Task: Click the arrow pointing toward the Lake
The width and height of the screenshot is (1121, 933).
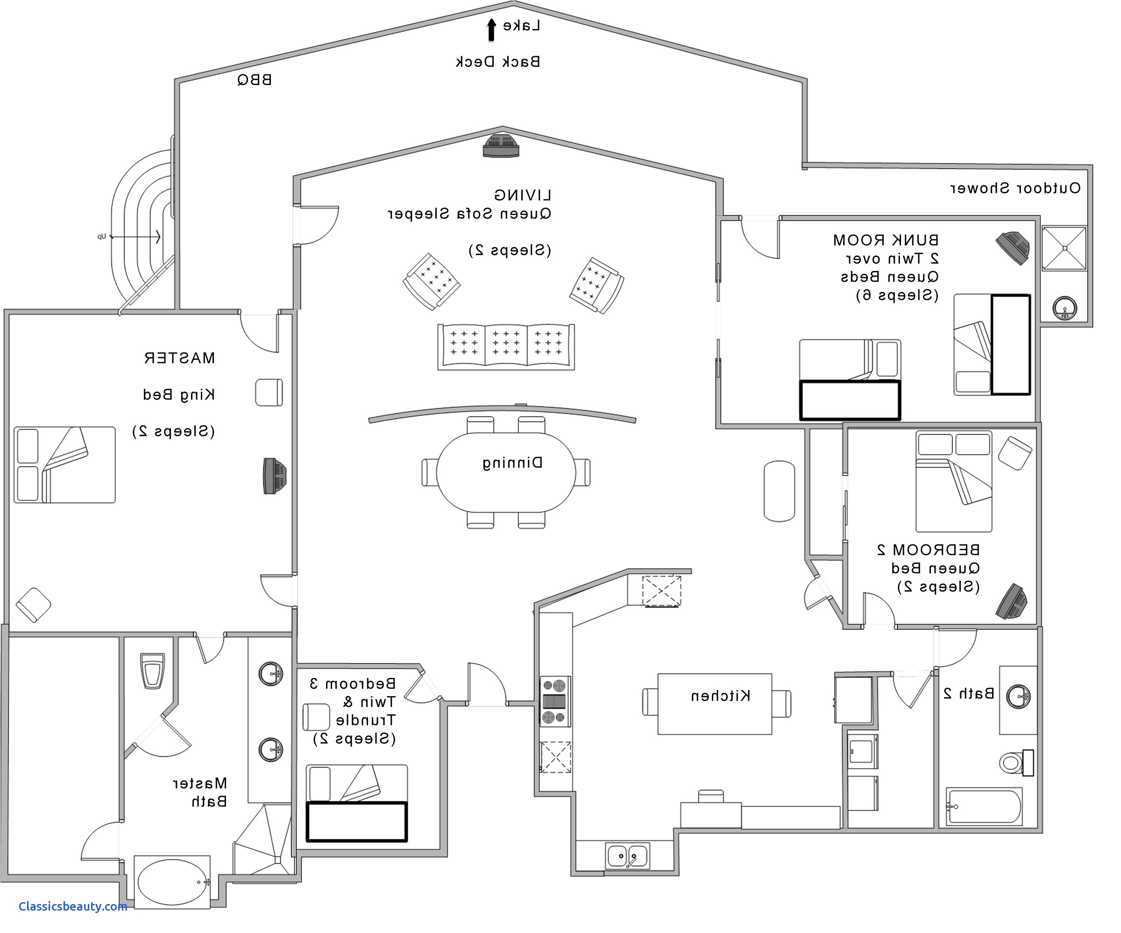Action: (x=491, y=30)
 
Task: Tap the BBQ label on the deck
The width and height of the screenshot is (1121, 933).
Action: (x=255, y=80)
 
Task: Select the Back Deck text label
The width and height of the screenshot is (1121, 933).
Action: (x=497, y=62)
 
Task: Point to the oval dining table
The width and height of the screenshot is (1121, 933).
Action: (x=506, y=472)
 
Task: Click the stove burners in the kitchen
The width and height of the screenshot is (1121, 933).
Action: (x=554, y=701)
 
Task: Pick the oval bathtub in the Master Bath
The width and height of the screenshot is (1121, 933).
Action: (x=172, y=881)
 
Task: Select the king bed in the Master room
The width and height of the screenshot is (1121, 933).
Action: (x=64, y=464)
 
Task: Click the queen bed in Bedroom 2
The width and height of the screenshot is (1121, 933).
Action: (x=954, y=482)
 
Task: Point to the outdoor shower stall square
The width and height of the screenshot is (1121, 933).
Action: (x=1064, y=249)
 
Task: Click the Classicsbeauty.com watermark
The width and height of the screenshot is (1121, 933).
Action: (x=72, y=906)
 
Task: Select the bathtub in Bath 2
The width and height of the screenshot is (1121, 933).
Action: (x=984, y=806)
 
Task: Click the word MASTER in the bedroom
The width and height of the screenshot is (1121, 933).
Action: (x=179, y=358)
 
